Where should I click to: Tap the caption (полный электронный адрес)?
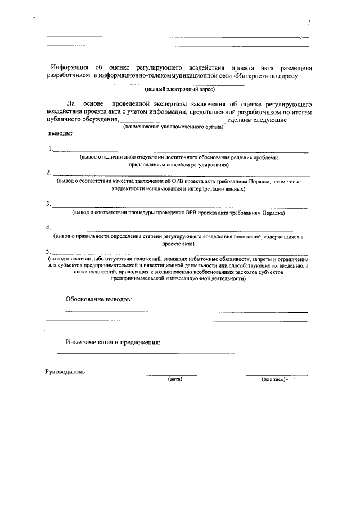point(179,89)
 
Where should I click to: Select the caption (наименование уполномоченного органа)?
point(173,128)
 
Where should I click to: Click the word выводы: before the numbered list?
point(59,134)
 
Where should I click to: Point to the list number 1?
point(51,149)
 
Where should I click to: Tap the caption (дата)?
point(175,380)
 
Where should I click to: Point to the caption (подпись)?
point(274,380)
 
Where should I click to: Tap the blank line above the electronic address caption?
point(179,85)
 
